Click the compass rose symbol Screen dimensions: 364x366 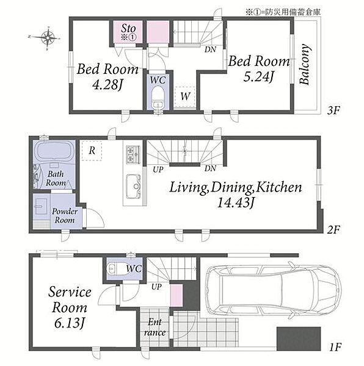click(47, 38)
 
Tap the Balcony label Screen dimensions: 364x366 click(305, 64)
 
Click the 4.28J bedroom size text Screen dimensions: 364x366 click(107, 85)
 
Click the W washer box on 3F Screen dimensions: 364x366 click(185, 96)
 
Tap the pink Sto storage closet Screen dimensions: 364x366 click(128, 32)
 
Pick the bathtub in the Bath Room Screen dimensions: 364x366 click(54, 151)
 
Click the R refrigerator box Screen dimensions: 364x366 click(92, 151)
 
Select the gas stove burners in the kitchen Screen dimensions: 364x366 click(133, 154)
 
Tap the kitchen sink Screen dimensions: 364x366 click(133, 187)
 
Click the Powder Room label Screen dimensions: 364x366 click(65, 216)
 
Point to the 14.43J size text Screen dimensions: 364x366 click(236, 203)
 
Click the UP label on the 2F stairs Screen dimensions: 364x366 click(158, 170)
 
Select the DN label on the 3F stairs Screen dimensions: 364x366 click(210, 49)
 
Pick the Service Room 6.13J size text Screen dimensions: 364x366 click(69, 324)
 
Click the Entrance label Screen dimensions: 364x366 click(155, 327)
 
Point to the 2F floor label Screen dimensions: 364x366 click(333, 230)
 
